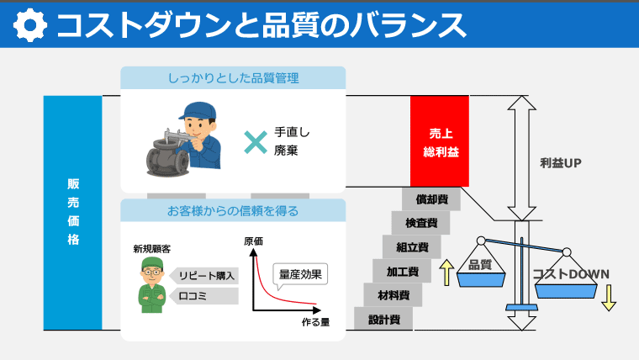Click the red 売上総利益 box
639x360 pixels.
(439, 141)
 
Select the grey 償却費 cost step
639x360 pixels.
(431, 199)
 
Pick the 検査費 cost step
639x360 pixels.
(420, 223)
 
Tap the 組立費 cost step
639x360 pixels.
(412, 247)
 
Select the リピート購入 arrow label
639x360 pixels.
(205, 275)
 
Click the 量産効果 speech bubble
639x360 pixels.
(300, 274)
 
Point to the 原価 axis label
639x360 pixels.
(253, 241)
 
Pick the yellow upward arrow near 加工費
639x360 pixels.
(446, 273)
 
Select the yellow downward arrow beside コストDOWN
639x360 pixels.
(609, 297)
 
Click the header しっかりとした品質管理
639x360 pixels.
(233, 78)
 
